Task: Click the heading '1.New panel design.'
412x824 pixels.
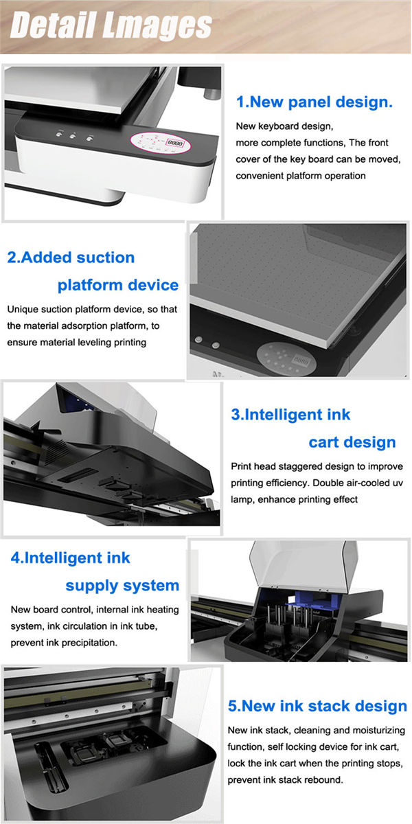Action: tap(314, 102)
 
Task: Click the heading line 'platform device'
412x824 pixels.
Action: tap(118, 285)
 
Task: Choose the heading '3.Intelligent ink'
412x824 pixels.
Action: tap(290, 415)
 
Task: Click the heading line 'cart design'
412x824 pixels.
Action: tap(352, 442)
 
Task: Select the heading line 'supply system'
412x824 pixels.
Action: tap(122, 586)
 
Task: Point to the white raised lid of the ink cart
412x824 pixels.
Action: tap(304, 563)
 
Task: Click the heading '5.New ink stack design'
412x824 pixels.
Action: tap(317, 706)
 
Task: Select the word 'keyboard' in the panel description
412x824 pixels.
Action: tap(277, 126)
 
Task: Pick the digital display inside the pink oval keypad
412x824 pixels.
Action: tap(174, 142)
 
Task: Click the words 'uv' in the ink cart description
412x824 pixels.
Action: tap(398, 483)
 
